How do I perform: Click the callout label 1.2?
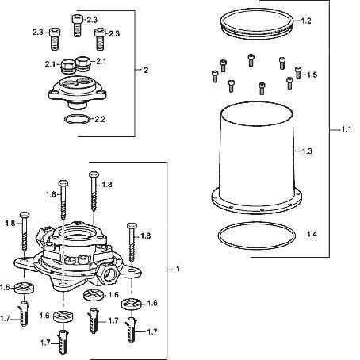306,21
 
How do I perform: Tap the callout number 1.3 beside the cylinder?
307,151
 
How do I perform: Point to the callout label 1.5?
312,75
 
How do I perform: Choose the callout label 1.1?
346,129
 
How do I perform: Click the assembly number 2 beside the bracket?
146,71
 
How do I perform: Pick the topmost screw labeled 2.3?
78,25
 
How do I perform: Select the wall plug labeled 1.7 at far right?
132,330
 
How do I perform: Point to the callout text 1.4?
312,234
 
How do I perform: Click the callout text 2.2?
100,119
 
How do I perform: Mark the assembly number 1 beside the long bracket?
178,269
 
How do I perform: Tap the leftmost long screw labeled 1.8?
25,232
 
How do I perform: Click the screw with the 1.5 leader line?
298,72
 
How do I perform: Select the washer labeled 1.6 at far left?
24,288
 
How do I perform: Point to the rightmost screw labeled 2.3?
100,39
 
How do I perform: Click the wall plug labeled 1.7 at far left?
24,314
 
